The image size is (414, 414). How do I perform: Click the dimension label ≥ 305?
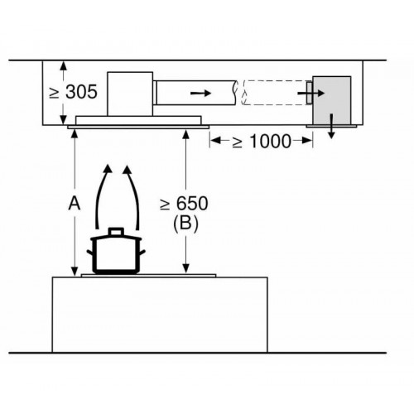(73, 92)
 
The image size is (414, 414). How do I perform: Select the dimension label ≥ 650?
(184, 204)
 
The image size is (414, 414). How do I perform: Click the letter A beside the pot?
(75, 204)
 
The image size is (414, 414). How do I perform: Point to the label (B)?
(185, 223)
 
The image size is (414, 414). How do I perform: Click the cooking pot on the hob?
(116, 251)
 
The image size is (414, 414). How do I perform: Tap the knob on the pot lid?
(116, 231)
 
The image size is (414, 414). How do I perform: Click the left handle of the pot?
(90, 253)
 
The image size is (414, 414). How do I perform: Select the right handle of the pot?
(142, 253)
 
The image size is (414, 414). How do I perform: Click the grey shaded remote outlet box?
(331, 100)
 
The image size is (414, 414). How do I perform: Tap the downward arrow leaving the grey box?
(331, 126)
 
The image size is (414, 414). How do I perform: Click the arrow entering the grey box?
(310, 94)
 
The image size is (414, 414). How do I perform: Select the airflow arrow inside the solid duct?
(201, 94)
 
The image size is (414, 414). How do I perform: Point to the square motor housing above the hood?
(130, 94)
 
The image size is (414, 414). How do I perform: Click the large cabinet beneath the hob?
(160, 315)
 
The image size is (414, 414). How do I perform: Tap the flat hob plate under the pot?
(148, 276)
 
